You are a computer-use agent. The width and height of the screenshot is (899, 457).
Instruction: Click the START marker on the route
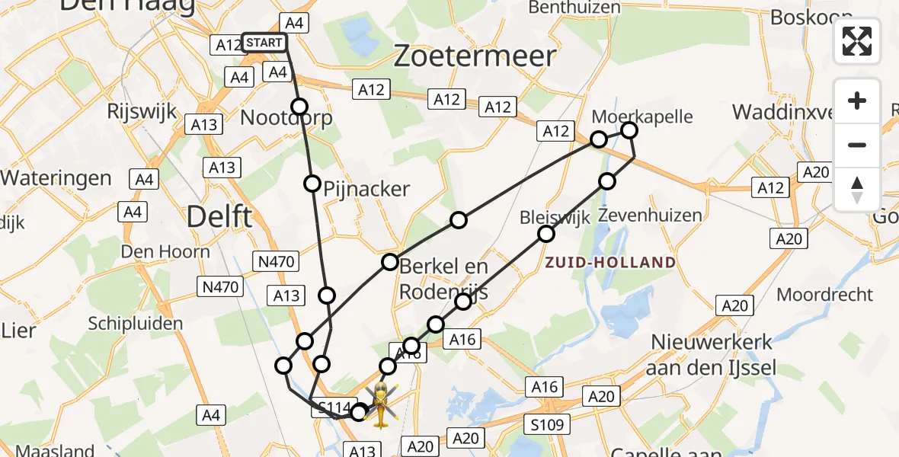pos(264,43)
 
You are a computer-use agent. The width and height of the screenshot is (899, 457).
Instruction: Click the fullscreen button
pos(857,41)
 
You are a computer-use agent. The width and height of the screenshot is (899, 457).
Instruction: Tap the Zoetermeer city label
pos(474,56)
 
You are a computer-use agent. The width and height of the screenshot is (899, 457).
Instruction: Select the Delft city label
pos(219,218)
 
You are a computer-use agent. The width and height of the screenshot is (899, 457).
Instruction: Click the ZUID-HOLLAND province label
pos(609,263)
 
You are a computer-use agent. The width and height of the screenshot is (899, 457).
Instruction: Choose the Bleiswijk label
pos(555,219)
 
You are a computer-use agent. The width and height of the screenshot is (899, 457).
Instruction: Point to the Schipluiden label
pos(136,323)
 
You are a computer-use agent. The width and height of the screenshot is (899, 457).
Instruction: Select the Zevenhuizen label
pos(650,216)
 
